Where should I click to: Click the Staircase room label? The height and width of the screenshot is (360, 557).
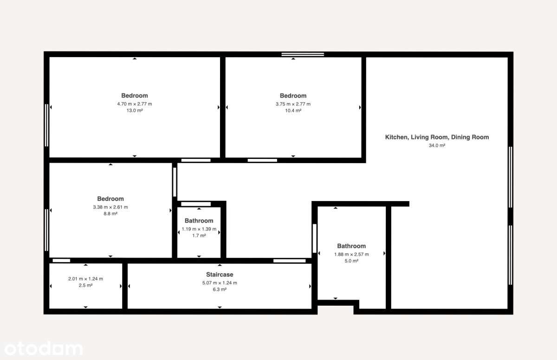[220, 275]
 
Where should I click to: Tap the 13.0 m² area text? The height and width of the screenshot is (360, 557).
[135, 111]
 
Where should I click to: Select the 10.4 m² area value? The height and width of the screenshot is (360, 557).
[293, 111]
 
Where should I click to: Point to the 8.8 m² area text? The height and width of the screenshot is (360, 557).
[110, 214]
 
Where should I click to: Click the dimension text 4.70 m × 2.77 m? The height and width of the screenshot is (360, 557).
[135, 104]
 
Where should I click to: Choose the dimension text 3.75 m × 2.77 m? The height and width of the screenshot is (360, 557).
[293, 104]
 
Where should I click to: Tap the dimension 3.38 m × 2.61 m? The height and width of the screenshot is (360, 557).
[110, 207]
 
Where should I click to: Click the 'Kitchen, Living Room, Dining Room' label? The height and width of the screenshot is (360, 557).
[437, 137]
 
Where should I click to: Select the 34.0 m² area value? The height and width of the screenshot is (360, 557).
[437, 145]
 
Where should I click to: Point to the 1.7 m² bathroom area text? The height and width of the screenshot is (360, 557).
[199, 236]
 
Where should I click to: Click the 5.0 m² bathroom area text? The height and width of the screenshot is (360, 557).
[351, 261]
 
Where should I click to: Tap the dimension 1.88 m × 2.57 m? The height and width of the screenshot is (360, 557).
[351, 254]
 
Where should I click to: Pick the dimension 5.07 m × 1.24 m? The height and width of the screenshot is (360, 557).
[220, 282]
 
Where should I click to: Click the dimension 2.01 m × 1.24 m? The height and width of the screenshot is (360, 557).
[85, 279]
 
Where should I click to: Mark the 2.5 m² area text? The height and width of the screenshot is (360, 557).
[85, 285]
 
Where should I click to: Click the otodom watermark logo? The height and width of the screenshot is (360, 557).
[42, 348]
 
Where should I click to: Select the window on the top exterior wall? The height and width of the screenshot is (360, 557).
[303, 54]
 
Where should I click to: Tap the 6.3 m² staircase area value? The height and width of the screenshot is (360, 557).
[220, 289]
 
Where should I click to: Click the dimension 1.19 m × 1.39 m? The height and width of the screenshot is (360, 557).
[199, 229]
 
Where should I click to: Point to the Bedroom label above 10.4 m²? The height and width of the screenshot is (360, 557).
[293, 96]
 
